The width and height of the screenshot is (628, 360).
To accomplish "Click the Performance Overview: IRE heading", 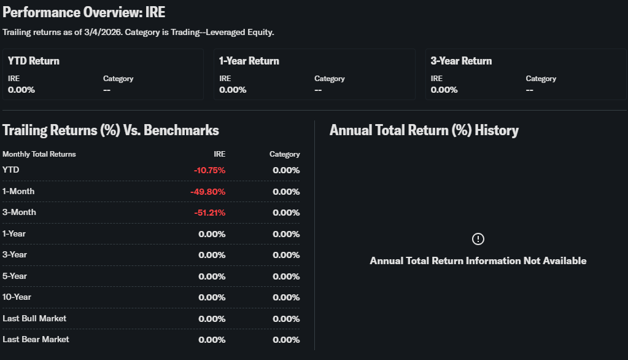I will click(x=84, y=12).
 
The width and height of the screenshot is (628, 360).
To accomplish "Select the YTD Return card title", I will click(x=34, y=61).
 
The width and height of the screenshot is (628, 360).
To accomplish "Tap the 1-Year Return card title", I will click(x=249, y=61).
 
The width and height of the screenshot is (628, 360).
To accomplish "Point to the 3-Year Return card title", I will click(x=461, y=61).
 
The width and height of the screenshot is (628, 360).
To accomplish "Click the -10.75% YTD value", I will click(x=209, y=170).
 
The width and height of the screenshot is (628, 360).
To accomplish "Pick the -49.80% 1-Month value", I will click(x=207, y=192).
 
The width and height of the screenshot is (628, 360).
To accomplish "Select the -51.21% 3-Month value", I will click(x=209, y=213).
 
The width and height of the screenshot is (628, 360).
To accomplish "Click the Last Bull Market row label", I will click(x=34, y=318).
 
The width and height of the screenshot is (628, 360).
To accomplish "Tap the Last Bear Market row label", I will click(x=36, y=339).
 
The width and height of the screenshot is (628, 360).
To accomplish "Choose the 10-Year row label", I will click(x=17, y=297).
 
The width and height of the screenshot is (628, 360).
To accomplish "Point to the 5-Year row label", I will click(x=15, y=276).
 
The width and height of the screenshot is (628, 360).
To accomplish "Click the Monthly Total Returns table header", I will click(x=39, y=154).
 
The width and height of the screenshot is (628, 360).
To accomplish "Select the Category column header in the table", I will click(x=284, y=154).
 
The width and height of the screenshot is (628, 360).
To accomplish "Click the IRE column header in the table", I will click(x=219, y=154).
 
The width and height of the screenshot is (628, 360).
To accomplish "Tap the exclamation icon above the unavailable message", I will click(x=478, y=239).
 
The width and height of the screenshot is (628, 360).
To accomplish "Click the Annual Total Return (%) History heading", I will click(x=424, y=130).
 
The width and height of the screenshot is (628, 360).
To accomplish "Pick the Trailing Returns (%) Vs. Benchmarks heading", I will click(x=110, y=130).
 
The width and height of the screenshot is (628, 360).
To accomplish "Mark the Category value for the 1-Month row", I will click(x=286, y=192).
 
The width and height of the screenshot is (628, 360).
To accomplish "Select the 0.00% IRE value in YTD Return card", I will click(x=21, y=90).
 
